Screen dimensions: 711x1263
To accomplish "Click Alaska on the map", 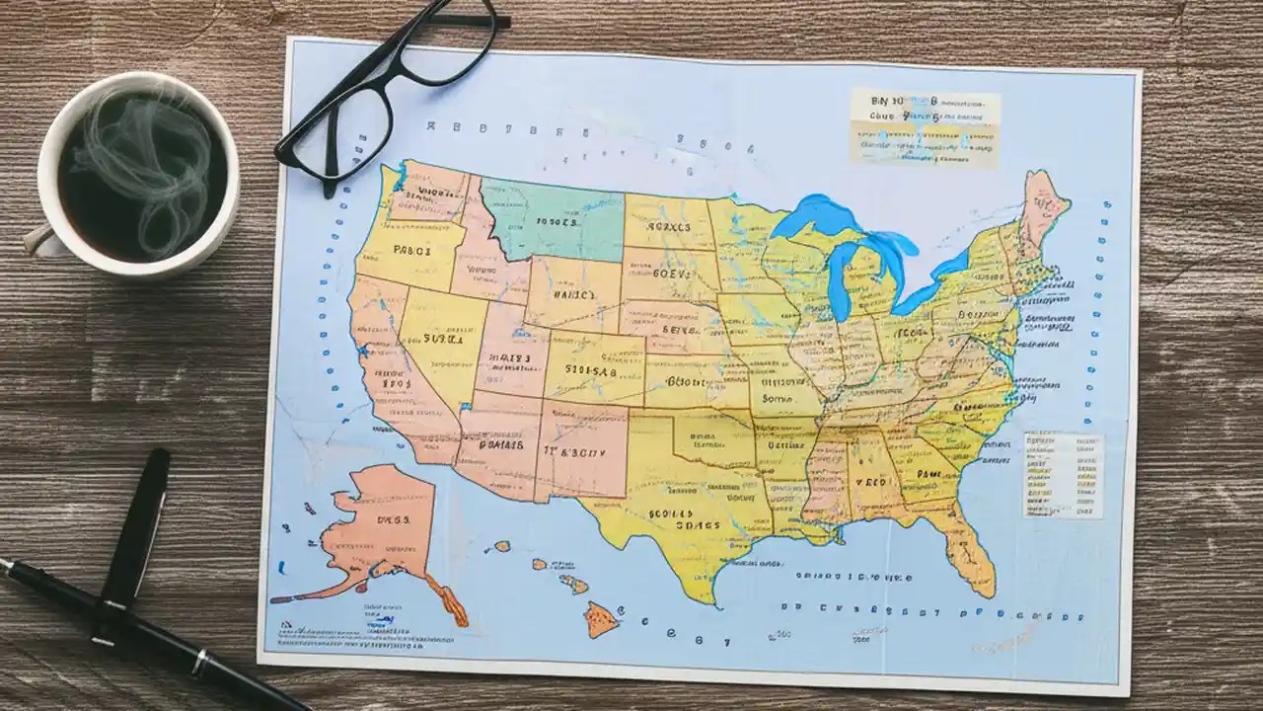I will click(x=385, y=523).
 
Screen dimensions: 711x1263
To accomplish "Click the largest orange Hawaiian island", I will click(x=601, y=619).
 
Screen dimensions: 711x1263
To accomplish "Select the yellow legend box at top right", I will click(x=925, y=126).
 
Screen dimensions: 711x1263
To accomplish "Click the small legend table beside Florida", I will click(x=1063, y=474).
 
